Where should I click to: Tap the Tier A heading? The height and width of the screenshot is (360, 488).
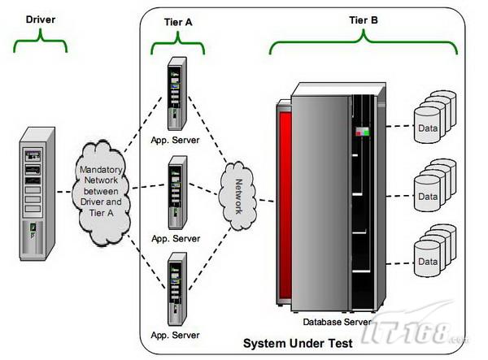point(178,22)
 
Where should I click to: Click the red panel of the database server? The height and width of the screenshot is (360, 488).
point(285,203)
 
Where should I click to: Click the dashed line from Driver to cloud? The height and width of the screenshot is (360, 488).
point(65,192)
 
